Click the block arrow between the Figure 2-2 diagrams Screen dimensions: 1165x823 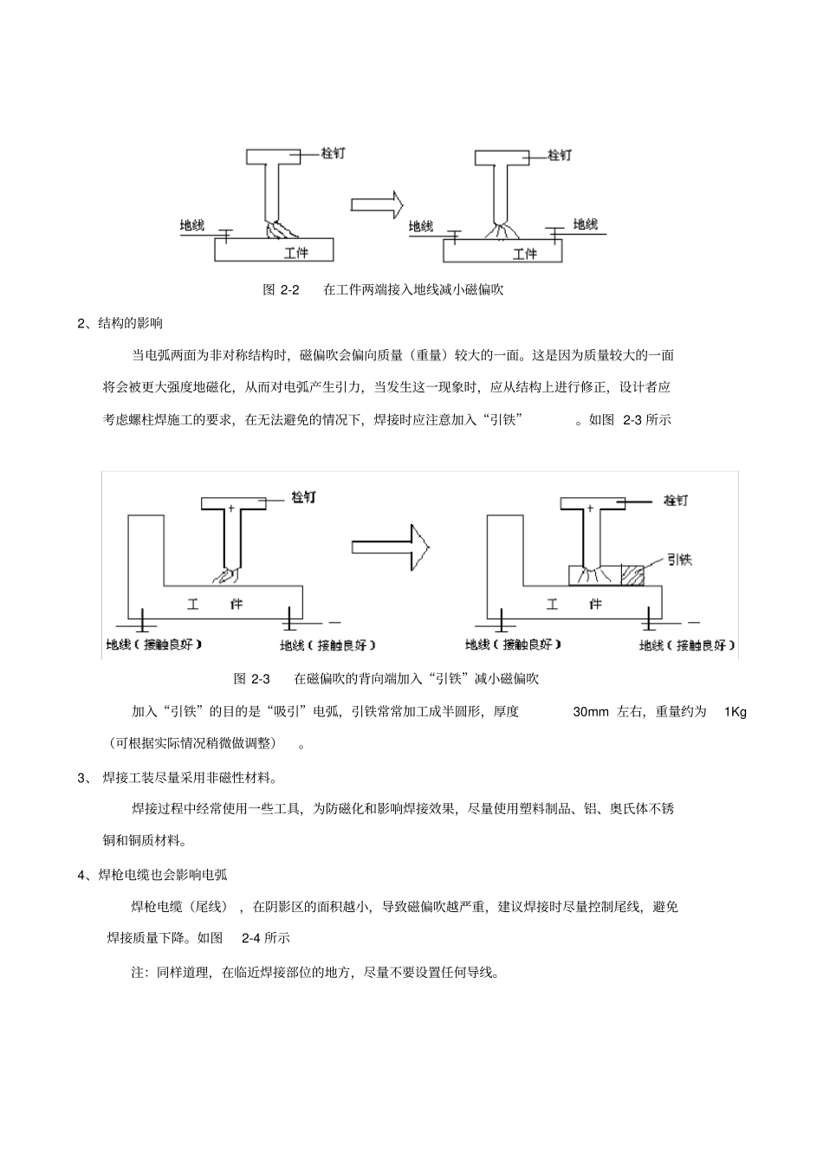click(x=377, y=204)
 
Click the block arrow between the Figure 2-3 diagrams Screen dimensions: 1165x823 click(x=391, y=546)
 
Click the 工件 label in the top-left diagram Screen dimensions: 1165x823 click(x=296, y=253)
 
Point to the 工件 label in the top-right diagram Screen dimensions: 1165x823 click(x=525, y=254)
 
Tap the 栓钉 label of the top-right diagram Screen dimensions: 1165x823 click(x=560, y=155)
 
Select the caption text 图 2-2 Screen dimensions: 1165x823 click(x=281, y=289)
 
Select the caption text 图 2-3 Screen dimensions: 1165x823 click(x=253, y=678)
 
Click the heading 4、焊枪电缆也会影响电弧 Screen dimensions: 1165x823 click(x=152, y=875)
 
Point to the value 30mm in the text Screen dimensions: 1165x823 click(x=591, y=712)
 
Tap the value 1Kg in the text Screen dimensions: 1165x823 click(x=735, y=712)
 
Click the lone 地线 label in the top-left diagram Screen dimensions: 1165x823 click(x=191, y=225)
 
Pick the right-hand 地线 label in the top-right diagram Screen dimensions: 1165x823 click(x=586, y=224)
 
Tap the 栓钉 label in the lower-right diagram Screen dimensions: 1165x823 click(x=676, y=501)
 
